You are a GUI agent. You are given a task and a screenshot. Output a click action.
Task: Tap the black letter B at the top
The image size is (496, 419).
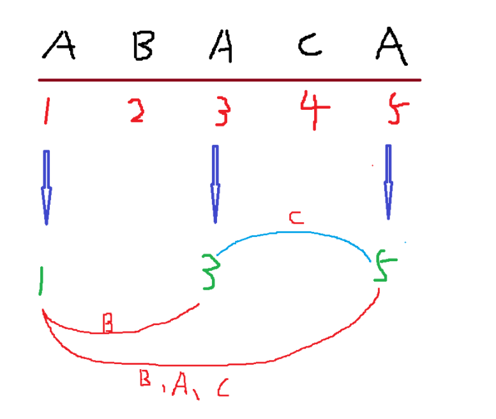tap(142, 47)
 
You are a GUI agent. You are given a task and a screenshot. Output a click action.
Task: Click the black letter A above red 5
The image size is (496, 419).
tap(392, 46)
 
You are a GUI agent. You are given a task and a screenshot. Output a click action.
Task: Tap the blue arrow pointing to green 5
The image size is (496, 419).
tap(388, 182)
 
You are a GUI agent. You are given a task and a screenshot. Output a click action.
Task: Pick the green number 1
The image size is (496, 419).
tap(41, 282)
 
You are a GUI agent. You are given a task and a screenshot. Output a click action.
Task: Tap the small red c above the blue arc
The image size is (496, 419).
tap(295, 218)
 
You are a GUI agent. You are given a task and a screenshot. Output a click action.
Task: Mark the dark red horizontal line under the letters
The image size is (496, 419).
tap(230, 80)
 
